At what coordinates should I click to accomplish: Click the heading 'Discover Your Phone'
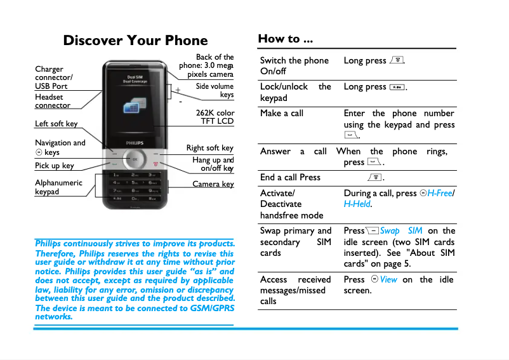(x=135, y=41)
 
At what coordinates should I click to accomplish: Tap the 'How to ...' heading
(x=285, y=39)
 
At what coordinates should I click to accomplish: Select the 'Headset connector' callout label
(x=52, y=102)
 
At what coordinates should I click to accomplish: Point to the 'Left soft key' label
(x=56, y=124)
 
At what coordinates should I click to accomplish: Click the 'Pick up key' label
(x=54, y=166)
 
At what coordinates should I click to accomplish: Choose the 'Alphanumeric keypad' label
(x=58, y=187)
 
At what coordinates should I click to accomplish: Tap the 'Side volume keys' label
(x=215, y=91)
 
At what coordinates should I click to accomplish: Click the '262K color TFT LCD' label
(x=215, y=117)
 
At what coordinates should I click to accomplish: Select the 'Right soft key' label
(x=209, y=148)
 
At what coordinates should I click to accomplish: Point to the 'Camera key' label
(x=213, y=184)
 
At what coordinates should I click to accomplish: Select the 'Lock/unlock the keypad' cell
(x=295, y=92)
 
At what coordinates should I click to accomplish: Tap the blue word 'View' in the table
(x=388, y=279)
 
